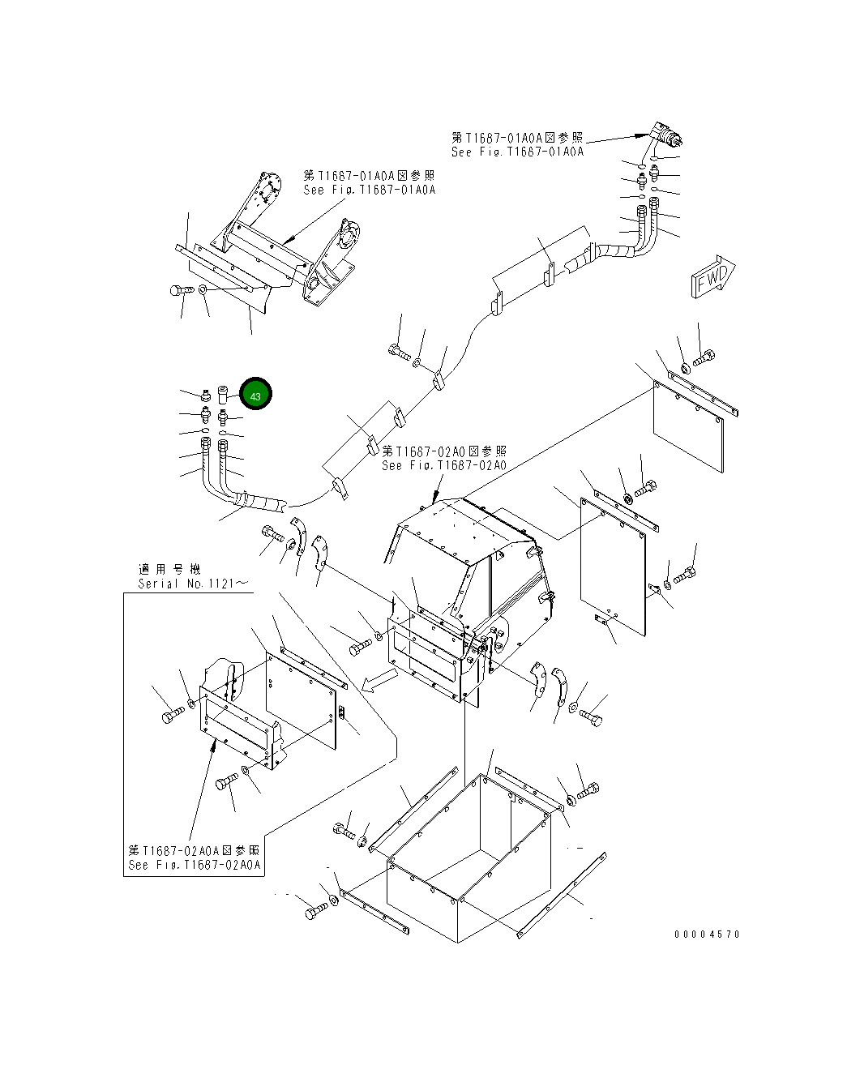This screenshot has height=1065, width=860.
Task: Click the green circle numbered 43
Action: click(255, 396)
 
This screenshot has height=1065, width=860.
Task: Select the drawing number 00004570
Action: click(707, 935)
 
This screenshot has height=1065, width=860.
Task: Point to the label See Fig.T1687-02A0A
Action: click(195, 865)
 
